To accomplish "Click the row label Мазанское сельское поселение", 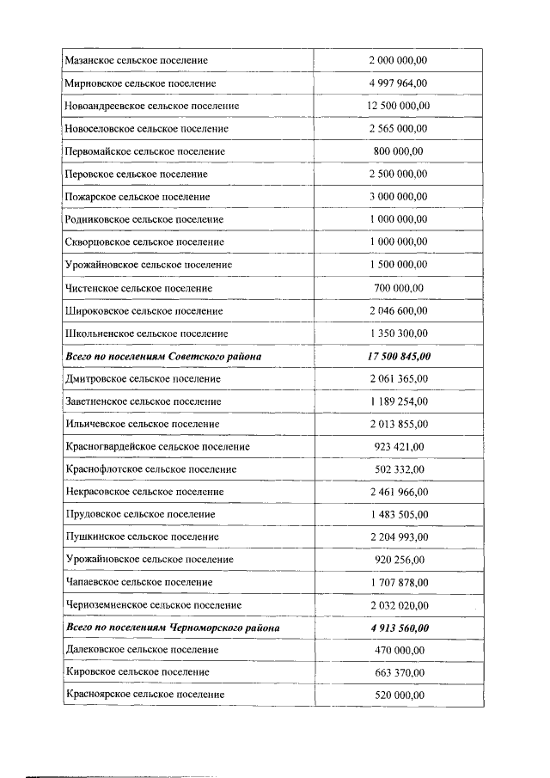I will [136, 60].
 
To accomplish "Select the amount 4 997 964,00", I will [398, 83].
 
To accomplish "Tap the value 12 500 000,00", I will [398, 106].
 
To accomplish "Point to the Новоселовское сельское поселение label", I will [146, 129].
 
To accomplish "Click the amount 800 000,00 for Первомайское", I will [398, 151].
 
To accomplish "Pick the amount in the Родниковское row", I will [398, 219].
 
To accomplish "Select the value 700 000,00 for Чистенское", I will [398, 288].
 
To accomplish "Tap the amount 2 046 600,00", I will [398, 310].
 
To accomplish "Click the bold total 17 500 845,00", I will [398, 356].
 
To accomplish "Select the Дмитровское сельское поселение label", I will [143, 378].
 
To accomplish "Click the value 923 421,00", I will [398, 447].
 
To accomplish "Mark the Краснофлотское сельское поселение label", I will [150, 469].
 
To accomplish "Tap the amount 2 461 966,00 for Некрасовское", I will [398, 493].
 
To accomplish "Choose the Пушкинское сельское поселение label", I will [139, 537].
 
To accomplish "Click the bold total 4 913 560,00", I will [398, 628].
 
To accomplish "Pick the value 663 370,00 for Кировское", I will [398, 672].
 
